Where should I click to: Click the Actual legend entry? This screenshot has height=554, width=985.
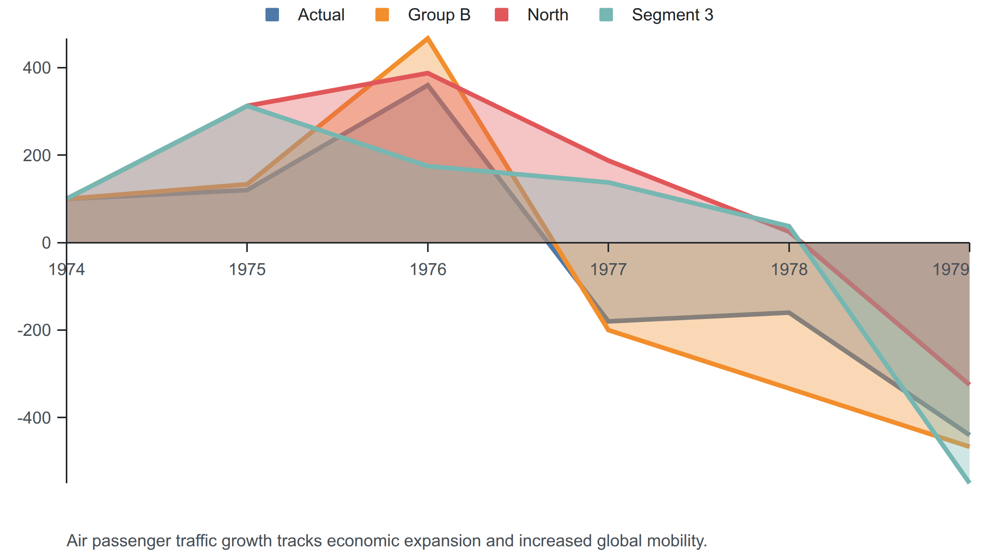305,15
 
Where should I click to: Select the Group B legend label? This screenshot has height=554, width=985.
439,15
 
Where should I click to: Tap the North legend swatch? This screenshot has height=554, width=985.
501,15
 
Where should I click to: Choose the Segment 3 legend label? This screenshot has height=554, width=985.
673,15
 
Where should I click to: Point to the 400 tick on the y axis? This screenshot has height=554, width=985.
37,68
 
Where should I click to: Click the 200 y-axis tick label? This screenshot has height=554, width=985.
37,155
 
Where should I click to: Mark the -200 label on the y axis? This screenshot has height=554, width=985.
34,330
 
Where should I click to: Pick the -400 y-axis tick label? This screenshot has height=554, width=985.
34,418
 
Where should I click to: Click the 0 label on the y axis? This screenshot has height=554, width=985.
46,243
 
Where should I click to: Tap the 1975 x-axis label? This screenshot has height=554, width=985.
247,269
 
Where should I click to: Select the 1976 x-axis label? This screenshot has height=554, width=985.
428,269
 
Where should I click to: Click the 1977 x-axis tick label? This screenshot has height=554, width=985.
608,269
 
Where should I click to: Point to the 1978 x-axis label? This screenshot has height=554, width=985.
789,269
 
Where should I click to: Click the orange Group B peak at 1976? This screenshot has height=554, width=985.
428,38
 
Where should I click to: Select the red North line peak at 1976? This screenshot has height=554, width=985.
428,73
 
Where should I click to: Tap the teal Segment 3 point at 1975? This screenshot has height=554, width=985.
247,106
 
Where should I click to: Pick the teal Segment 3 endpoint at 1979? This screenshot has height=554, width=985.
969,482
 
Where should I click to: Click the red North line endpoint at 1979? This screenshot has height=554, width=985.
969,384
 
